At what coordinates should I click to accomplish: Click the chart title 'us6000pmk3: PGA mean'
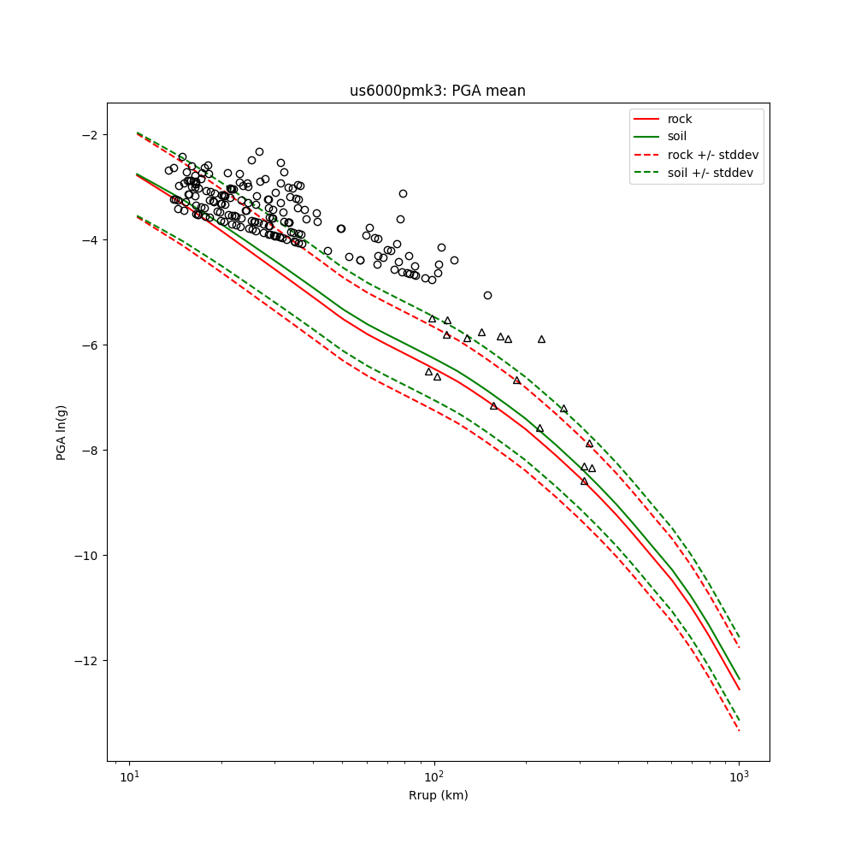[x=437, y=91]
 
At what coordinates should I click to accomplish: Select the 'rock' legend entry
[x=680, y=119]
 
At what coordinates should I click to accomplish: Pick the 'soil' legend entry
[x=676, y=137]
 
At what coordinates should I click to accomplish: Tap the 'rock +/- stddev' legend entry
[x=712, y=155]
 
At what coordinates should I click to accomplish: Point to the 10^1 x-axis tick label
[x=129, y=776]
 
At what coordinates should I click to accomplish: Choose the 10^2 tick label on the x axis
[x=434, y=776]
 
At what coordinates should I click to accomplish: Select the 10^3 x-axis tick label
[x=739, y=776]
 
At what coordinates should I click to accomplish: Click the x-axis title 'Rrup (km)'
[x=438, y=795]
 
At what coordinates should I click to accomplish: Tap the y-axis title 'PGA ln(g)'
[x=62, y=432]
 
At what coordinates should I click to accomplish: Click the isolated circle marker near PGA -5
[x=487, y=296]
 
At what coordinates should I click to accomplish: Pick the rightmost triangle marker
[x=592, y=469]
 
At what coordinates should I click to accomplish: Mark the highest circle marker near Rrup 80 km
[x=403, y=194]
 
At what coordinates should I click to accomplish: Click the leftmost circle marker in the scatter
[x=168, y=171]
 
